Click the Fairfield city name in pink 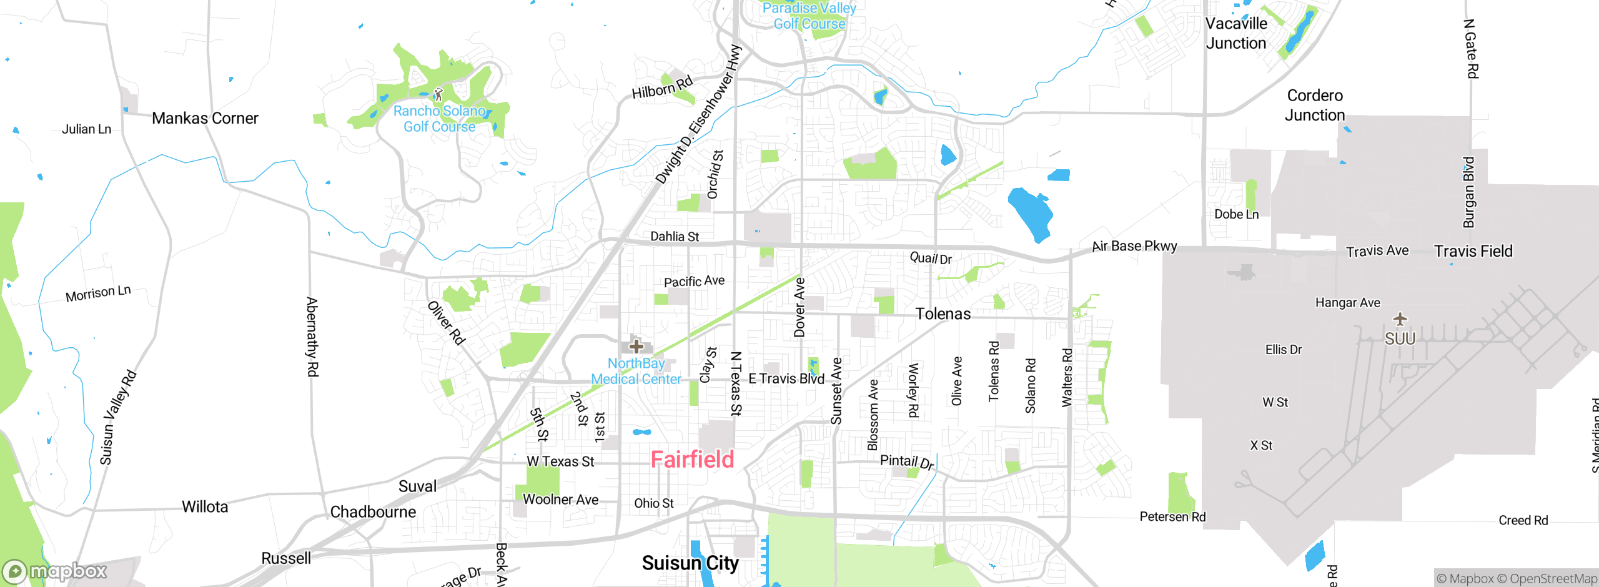pyautogui.click(x=692, y=460)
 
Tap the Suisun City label pyautogui.click(x=690, y=563)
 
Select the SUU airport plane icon pyautogui.click(x=1400, y=320)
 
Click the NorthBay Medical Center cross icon pyautogui.click(x=636, y=346)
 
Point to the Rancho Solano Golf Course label pyautogui.click(x=439, y=119)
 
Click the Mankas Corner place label pyautogui.click(x=205, y=118)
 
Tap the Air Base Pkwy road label pyautogui.click(x=1134, y=246)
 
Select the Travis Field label pyautogui.click(x=1473, y=251)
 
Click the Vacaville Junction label pyautogui.click(x=1236, y=34)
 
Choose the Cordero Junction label pyautogui.click(x=1315, y=106)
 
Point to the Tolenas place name pyautogui.click(x=943, y=314)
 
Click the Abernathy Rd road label pyautogui.click(x=312, y=337)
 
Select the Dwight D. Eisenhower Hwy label pyautogui.click(x=698, y=115)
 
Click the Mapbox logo pyautogui.click(x=55, y=571)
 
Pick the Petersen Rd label pyautogui.click(x=1172, y=517)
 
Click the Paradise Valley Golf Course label pyautogui.click(x=809, y=16)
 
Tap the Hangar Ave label pyautogui.click(x=1348, y=303)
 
